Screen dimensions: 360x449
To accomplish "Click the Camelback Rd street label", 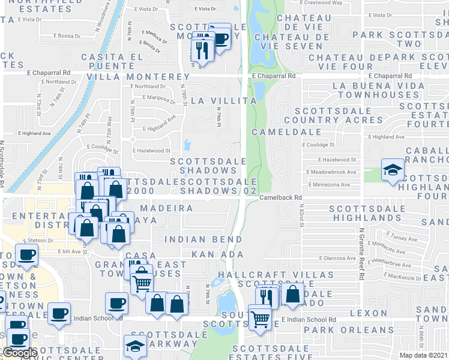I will pyautogui.click(x=280, y=197).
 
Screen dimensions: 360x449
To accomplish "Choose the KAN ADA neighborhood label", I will pyautogui.click(x=217, y=254).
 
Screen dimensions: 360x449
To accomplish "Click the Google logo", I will pyautogui.click(x=20, y=353).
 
